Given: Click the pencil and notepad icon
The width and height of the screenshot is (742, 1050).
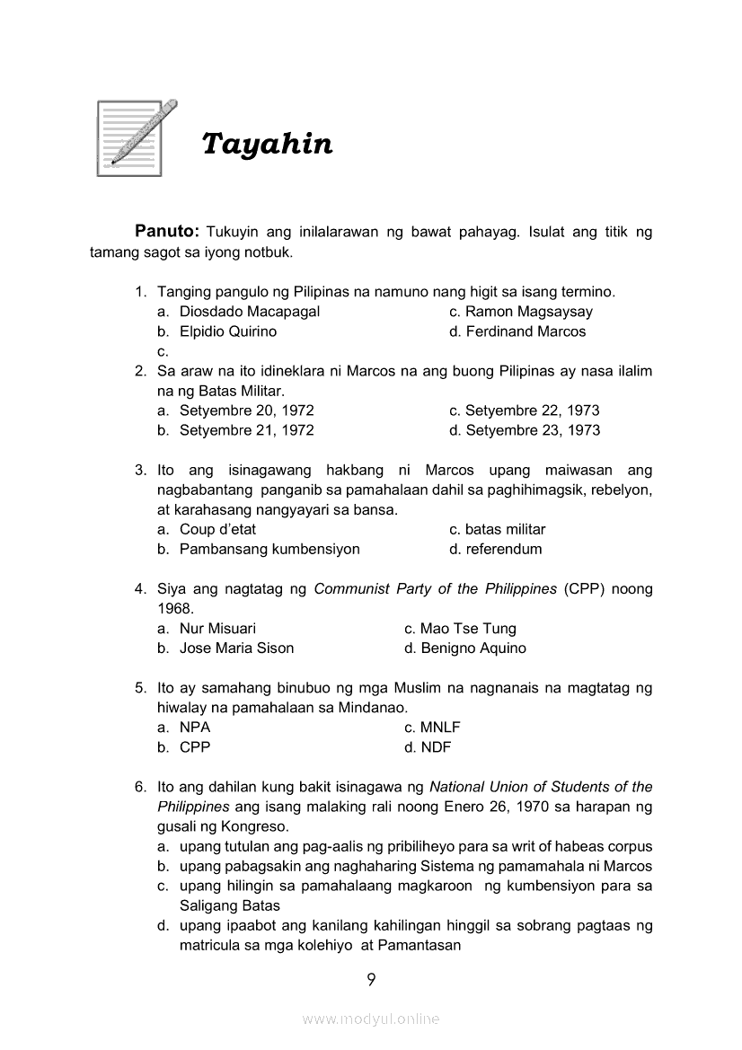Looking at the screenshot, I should tap(135, 137).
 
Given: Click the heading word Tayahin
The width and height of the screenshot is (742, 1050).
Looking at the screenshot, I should tap(267, 144).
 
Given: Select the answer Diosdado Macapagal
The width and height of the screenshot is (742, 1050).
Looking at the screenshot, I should tap(250, 312).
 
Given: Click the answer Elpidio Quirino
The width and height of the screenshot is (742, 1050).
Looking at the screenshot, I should tap(228, 331).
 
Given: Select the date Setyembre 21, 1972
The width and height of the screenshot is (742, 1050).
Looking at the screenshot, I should tap(247, 430).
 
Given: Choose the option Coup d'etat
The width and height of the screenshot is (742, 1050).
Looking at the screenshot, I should tap(217, 529).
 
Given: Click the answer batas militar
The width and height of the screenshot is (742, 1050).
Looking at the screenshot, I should tap(505, 529).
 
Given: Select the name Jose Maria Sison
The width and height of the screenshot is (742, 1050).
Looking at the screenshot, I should tap(236, 648).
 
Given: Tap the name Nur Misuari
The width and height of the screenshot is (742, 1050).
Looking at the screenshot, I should tap(217, 629).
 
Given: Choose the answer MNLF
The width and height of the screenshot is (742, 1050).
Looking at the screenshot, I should tap(440, 728).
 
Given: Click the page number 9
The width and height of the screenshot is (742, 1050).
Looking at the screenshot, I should tap(371, 979).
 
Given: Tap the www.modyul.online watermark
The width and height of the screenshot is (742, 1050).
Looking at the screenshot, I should tap(371, 1019).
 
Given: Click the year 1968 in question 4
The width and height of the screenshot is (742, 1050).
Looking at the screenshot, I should tap(174, 608).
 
